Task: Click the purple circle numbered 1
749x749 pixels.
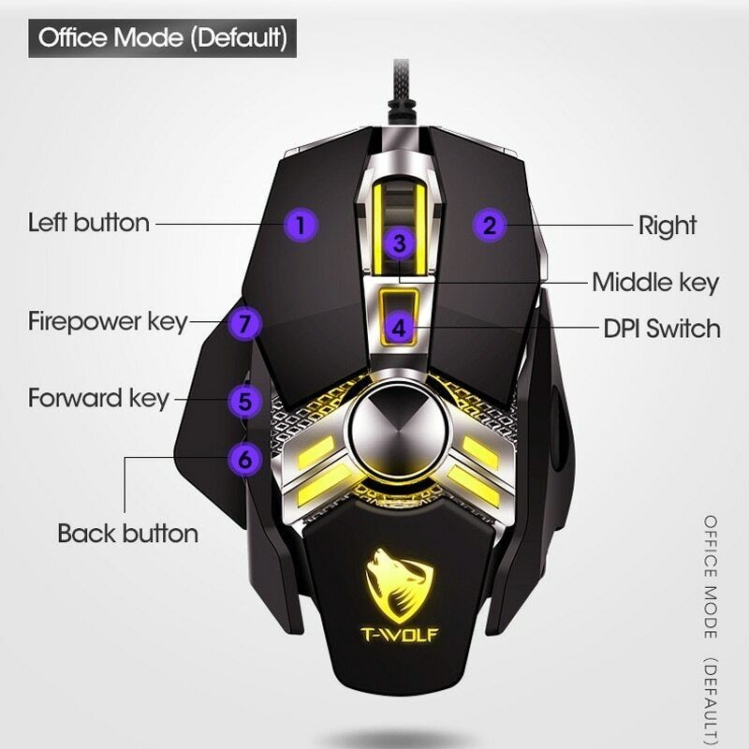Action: point(301,225)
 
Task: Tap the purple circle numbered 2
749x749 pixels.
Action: point(489,225)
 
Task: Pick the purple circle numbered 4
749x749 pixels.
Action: point(400,328)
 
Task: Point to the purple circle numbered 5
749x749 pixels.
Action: point(244,402)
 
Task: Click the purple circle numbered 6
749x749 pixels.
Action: point(244,460)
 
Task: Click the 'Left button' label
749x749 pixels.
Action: point(88,224)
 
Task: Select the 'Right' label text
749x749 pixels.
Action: point(667,226)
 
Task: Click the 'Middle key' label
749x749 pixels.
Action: point(654,282)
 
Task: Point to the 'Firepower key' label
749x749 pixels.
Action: point(108,321)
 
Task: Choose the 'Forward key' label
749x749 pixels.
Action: point(98,397)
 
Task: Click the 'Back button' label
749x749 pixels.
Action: point(127,534)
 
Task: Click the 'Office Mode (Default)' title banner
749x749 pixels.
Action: point(162,39)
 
